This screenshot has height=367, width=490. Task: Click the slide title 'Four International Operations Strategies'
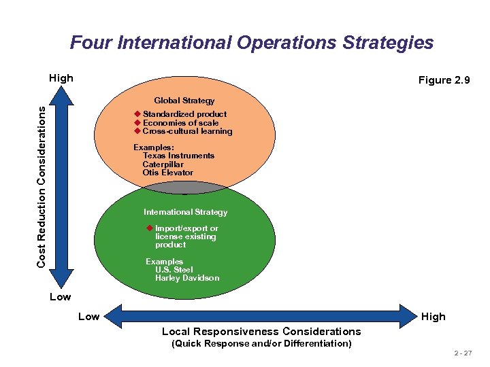(251, 43)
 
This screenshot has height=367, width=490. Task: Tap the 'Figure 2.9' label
(444, 80)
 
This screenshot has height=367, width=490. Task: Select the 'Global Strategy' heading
(184, 101)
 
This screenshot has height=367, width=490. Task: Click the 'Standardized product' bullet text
(184, 114)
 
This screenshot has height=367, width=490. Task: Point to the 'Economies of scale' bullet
(180, 123)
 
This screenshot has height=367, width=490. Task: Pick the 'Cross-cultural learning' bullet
(187, 131)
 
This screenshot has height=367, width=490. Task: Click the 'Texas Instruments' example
(178, 156)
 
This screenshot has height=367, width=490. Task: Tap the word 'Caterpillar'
(163, 164)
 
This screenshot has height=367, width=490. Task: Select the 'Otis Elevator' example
(167, 173)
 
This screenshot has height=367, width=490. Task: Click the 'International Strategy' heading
(185, 212)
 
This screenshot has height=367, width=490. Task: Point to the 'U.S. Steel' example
(174, 270)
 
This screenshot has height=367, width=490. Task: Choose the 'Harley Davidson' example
(187, 278)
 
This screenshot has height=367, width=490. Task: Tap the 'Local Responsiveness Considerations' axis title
(261, 332)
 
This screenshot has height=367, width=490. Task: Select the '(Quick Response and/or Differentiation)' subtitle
(261, 344)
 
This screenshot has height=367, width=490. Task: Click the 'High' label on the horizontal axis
(433, 317)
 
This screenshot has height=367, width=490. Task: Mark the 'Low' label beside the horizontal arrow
(88, 317)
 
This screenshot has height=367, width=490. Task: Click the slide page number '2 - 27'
(462, 354)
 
